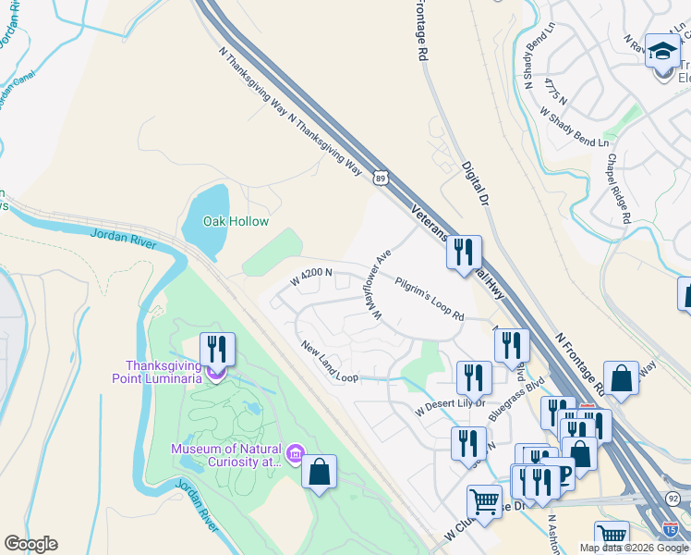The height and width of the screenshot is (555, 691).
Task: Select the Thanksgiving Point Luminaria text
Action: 163,371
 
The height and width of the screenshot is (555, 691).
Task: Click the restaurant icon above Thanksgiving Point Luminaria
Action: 217,349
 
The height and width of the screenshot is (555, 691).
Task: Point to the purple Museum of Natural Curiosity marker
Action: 295,452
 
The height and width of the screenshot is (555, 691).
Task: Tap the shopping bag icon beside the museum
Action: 319,472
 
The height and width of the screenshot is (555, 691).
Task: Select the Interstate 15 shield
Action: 670,527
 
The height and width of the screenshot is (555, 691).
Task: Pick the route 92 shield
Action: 673,498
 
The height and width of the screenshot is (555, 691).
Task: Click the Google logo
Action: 30,544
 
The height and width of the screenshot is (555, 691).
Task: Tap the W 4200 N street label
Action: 310,277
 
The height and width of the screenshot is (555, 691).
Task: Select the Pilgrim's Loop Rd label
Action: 430,298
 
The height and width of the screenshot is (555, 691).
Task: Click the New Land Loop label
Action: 329,361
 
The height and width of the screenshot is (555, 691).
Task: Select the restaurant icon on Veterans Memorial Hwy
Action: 464,252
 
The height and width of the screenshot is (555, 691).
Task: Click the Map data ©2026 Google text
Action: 633,548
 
